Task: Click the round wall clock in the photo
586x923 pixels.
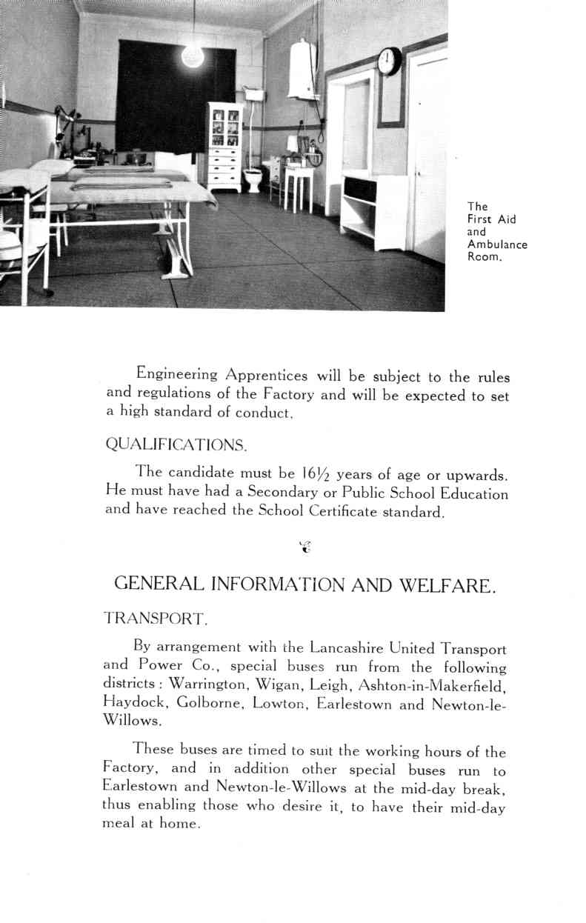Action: [x=389, y=61]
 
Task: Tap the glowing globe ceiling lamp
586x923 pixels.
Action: [x=193, y=56]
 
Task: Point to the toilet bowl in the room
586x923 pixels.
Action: [x=253, y=179]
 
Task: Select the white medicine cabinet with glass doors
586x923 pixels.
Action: [x=224, y=145]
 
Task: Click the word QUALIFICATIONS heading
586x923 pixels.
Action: [x=176, y=444]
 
